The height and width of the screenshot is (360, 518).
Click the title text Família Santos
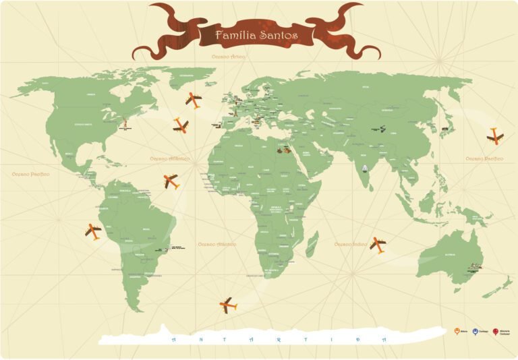pos(256,34)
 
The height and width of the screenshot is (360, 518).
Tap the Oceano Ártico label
pos(229,58)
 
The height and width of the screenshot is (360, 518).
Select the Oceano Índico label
pos(351,244)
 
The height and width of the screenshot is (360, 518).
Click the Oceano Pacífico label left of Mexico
pos(30,174)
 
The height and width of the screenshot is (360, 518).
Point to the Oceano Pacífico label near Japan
pos(484,159)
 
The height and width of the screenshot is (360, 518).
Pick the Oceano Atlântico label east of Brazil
pos(218,244)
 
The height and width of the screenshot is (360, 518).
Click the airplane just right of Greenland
pos(194,100)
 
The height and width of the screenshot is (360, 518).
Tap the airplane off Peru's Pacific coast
pos(93,231)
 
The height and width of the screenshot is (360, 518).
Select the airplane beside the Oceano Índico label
pos(378,244)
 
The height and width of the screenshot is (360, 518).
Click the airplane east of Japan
pos(495,136)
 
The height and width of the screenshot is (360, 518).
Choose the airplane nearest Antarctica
pos(228,305)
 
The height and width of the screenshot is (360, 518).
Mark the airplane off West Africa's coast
pos(171,181)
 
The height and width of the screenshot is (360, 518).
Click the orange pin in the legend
pos(457,332)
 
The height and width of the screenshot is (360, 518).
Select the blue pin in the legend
pos(476,332)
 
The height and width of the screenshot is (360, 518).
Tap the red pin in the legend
pos(495,332)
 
